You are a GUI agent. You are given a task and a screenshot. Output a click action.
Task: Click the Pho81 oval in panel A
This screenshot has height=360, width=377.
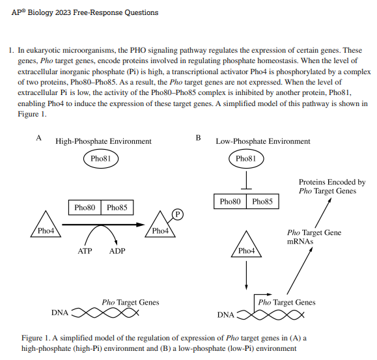102,158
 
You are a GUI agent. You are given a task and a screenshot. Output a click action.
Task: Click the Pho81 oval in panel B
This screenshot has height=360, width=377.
245,158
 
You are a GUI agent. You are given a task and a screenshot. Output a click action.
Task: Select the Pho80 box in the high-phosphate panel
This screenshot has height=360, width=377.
85,208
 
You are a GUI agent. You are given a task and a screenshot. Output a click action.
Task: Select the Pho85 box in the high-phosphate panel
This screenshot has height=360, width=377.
117,208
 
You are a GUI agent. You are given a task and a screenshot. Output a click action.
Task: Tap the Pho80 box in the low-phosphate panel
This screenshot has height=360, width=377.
230,202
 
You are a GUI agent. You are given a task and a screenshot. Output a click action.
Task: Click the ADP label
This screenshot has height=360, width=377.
117,251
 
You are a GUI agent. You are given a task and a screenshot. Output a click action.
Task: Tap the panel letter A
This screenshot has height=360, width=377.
38,137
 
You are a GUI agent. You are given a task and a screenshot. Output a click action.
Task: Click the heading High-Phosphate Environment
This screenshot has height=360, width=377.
104,141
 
